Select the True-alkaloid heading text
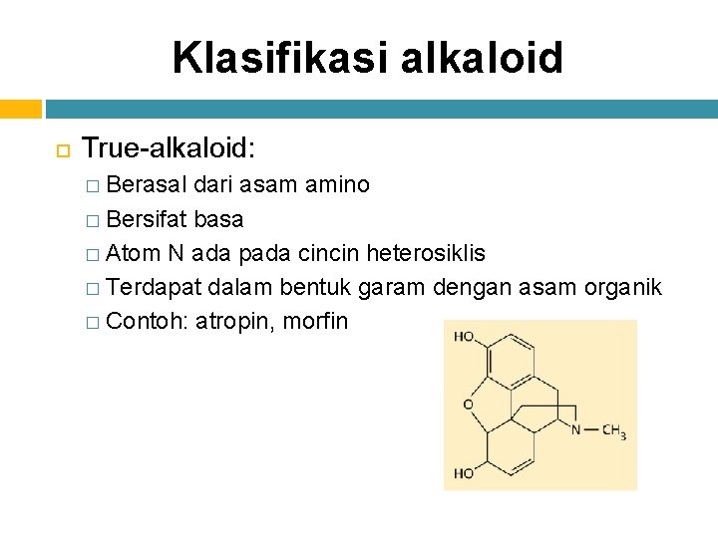click(169, 149)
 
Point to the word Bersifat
click(147, 219)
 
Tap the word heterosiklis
click(427, 253)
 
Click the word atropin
click(236, 323)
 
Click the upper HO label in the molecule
click(464, 336)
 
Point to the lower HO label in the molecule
click(464, 473)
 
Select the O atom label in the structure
click(468, 404)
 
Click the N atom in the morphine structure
click(576, 430)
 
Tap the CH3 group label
click(612, 431)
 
